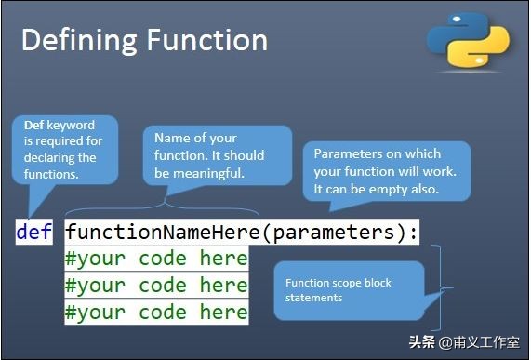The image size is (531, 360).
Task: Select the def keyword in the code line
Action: coord(34,232)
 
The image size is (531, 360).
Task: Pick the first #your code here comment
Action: coord(155,259)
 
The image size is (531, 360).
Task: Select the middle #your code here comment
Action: coord(155,285)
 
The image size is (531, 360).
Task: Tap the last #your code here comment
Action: coord(155,312)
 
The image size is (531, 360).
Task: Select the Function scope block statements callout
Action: coord(346,290)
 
